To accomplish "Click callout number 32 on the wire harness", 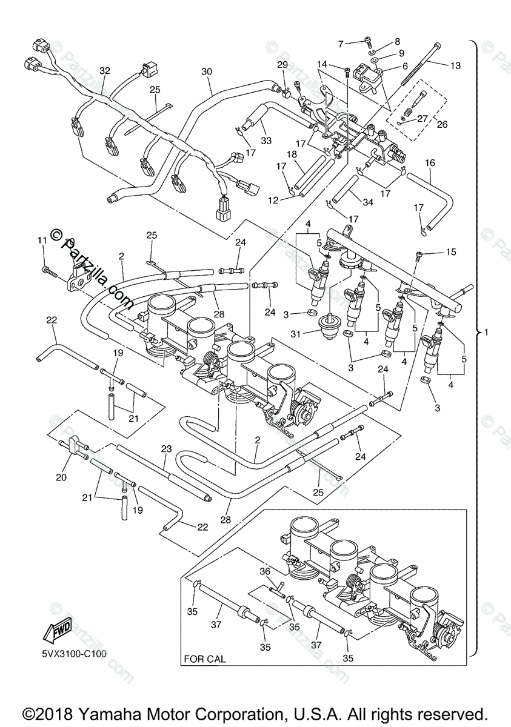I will click(x=105, y=71).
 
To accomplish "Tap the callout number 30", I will click(x=207, y=71).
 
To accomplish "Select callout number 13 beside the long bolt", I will click(x=455, y=65).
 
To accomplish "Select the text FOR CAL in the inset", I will click(x=205, y=659).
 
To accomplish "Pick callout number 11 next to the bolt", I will click(x=42, y=241).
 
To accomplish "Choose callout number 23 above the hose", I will click(x=167, y=449).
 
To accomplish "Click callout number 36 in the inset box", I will click(x=264, y=571).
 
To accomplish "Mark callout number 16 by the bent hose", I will click(x=430, y=163).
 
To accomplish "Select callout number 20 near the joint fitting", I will click(x=61, y=477).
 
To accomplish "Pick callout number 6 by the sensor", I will click(x=405, y=67).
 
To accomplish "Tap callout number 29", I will click(x=282, y=65).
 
